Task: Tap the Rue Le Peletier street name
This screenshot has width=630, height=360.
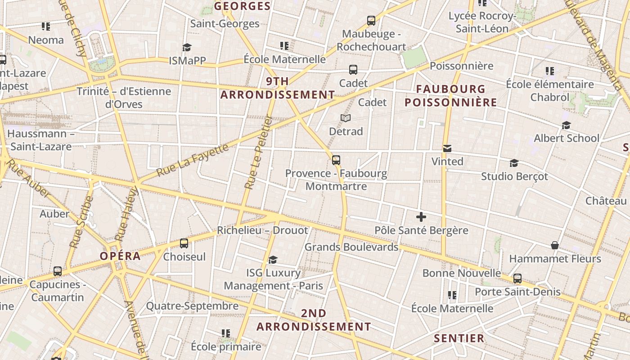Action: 258,153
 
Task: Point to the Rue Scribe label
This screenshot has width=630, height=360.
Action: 81,221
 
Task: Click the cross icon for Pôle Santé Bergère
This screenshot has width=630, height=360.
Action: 421,217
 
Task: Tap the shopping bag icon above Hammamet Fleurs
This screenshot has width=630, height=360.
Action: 555,245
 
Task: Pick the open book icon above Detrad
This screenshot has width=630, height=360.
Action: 346,118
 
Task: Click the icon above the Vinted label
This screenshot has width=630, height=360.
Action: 447,148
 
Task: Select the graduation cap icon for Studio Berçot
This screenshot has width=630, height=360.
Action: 514,163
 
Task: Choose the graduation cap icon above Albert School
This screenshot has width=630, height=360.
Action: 566,125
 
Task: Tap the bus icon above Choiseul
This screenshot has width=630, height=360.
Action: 184,243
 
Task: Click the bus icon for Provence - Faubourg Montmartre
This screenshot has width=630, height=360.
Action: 336,160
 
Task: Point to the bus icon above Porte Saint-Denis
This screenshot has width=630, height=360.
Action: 517,279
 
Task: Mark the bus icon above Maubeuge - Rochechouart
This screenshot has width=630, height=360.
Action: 371,20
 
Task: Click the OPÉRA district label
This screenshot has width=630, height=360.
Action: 120,256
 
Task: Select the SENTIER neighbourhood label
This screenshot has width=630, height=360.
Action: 459,338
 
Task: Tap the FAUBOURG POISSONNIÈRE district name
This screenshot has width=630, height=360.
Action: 451,95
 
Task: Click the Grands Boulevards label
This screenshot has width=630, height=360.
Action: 351,247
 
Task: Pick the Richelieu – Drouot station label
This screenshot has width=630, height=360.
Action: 262,230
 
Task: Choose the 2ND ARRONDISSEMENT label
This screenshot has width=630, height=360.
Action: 314,320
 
